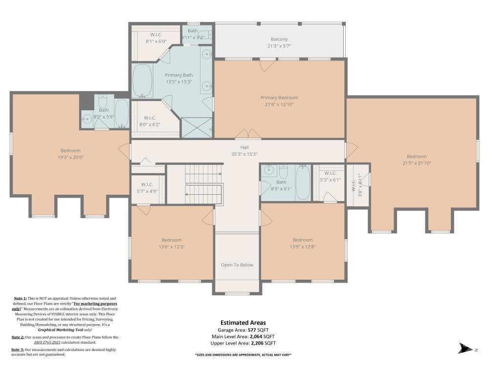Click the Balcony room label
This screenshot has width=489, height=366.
[279, 39]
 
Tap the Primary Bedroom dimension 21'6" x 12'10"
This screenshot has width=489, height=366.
[279, 104]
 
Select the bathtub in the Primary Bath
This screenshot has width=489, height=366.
[142, 81]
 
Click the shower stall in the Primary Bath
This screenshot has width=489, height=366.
[197, 127]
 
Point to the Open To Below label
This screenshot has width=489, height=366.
[237, 265]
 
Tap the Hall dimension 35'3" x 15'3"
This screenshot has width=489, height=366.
[244, 154]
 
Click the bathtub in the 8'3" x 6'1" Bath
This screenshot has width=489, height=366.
[303, 182]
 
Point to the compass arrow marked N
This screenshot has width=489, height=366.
[466, 348]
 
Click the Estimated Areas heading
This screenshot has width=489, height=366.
[243, 323]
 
